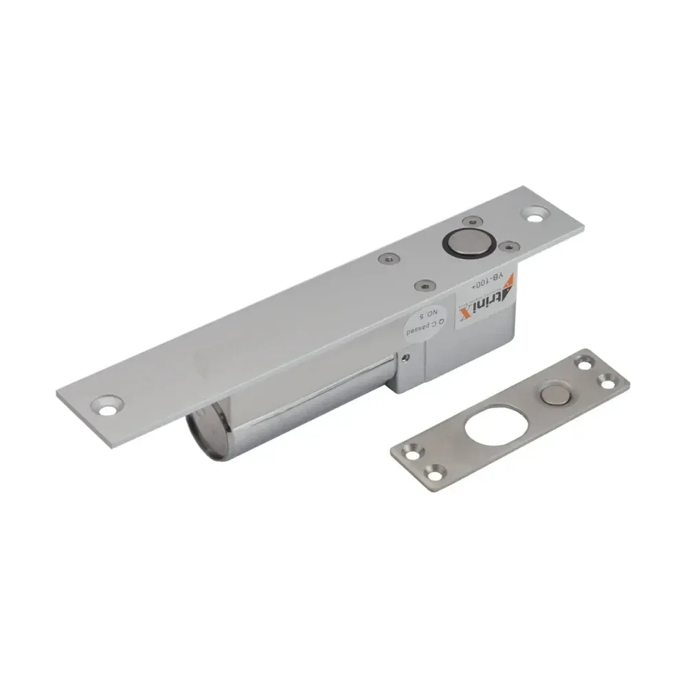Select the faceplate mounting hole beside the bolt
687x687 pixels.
tap(534, 214)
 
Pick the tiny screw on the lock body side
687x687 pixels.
tap(407, 357)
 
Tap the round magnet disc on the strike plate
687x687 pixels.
tap(553, 394)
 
